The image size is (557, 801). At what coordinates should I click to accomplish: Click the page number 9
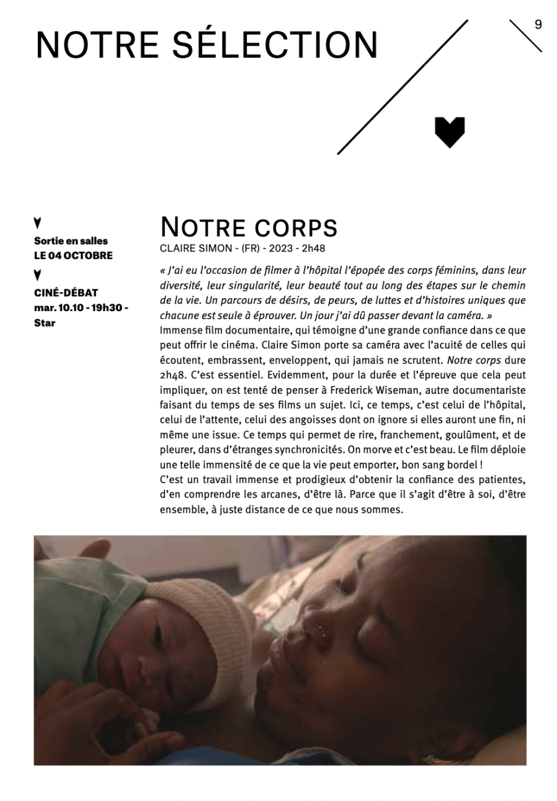pyautogui.click(x=538, y=25)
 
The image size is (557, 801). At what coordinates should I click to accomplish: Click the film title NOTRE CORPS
pyautogui.click(x=249, y=227)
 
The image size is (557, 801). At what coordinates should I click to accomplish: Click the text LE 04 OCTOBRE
pyautogui.click(x=73, y=255)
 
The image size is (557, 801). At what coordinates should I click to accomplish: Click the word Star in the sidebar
pyautogui.click(x=45, y=323)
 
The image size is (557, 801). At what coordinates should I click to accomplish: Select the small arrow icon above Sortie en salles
pyautogui.click(x=38, y=222)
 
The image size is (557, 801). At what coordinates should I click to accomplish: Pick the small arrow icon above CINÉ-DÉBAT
pyautogui.click(x=38, y=274)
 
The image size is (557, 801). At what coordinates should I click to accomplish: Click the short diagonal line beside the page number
pyautogui.click(x=525, y=36)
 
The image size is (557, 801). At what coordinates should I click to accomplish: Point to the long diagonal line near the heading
pyautogui.click(x=402, y=87)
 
